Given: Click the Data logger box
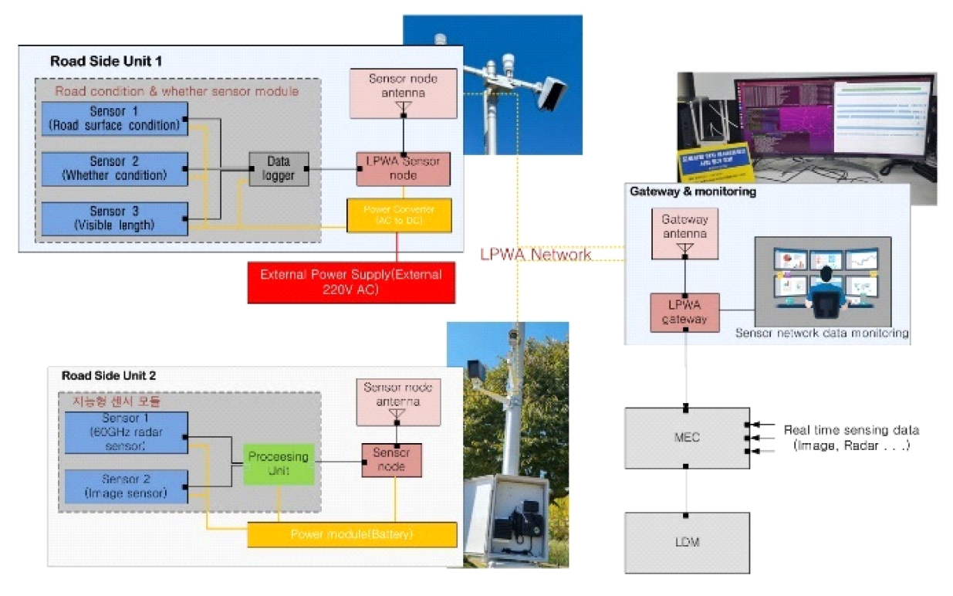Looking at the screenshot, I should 278,168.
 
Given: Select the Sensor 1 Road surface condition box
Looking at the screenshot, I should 113,118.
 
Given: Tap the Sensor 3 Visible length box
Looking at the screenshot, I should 113,218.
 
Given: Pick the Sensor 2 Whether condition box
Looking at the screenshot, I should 113,168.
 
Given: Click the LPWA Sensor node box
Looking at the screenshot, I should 402,168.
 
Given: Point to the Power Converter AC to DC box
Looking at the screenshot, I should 397,215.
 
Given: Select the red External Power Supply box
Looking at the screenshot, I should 351,282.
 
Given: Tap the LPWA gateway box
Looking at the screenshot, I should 684,313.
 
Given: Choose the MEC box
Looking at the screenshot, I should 686,437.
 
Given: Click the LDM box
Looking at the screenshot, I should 686,542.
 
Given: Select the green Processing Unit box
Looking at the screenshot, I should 278,463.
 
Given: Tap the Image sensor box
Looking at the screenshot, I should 125,486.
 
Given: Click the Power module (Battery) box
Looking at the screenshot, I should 352,534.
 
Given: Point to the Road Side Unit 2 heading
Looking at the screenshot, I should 108,376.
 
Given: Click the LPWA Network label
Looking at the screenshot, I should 536,254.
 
